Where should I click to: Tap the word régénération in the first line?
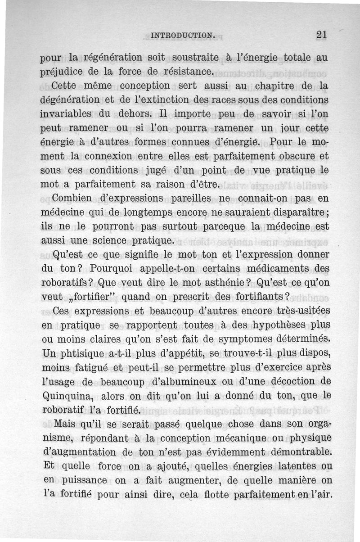click(118, 58)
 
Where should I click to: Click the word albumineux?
click(197, 381)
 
